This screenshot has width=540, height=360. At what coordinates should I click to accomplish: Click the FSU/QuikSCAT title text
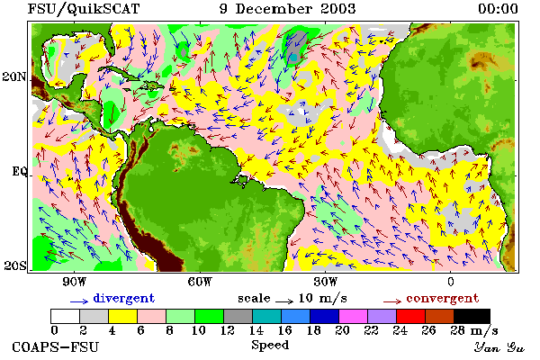(x=84, y=9)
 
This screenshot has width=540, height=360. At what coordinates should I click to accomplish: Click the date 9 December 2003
(x=288, y=9)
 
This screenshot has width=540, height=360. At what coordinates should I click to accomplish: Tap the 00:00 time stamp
(x=498, y=9)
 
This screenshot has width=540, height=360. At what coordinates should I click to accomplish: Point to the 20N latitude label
(x=14, y=76)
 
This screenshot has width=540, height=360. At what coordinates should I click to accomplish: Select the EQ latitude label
(x=19, y=171)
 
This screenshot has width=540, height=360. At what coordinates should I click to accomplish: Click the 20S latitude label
(x=15, y=265)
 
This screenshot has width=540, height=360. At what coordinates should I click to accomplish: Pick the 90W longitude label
(x=74, y=282)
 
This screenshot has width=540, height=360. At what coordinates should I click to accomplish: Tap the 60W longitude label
(x=200, y=282)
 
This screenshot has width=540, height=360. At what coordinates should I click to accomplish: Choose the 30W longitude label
(x=326, y=282)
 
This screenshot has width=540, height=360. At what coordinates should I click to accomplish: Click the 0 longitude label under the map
(x=451, y=282)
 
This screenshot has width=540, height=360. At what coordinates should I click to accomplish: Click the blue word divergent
(x=123, y=298)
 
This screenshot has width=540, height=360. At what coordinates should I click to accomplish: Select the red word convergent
(x=443, y=298)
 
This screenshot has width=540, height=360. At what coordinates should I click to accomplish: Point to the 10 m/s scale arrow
(x=284, y=302)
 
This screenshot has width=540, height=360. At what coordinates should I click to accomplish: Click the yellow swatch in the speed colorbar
(x=122, y=316)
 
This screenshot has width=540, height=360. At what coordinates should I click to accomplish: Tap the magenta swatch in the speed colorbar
(x=354, y=316)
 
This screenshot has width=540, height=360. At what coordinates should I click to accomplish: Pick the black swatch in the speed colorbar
(x=472, y=316)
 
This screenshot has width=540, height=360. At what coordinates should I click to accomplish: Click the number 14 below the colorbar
(x=256, y=330)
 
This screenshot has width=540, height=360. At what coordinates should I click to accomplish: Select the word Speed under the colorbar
(x=270, y=346)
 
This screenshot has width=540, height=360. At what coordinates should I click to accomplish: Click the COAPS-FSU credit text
(x=56, y=346)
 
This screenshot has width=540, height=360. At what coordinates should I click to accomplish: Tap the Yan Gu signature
(x=499, y=347)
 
